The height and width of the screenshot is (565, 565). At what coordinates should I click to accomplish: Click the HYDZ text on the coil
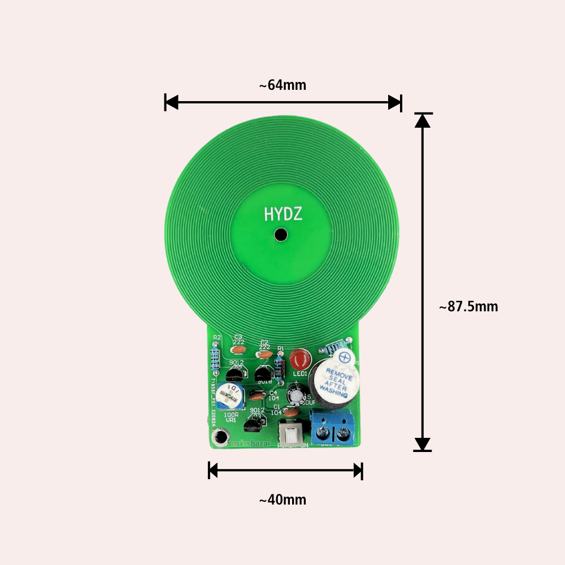coord(283,214)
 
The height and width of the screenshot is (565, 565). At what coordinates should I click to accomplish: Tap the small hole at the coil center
coord(279,234)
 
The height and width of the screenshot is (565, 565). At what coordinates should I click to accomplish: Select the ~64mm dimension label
coord(282,85)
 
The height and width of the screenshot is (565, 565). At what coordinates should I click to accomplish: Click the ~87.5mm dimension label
coord(468,307)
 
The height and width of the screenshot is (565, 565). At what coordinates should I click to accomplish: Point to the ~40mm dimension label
coord(282,500)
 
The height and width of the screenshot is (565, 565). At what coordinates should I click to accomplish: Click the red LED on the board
coord(300,359)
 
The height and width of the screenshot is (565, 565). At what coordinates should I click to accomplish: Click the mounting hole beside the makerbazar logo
coord(220,437)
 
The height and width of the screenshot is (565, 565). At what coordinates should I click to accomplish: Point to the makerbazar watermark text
coord(251,444)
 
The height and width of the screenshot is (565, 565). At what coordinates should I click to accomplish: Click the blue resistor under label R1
coord(279,366)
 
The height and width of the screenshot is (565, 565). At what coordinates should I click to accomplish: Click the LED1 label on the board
coord(300,373)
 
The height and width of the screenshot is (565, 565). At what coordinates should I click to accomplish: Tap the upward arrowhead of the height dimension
coord(422,120)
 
